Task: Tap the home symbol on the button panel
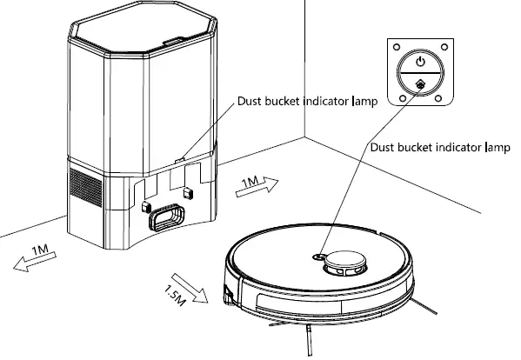click(x=420, y=85)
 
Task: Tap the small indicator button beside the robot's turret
click(x=318, y=256)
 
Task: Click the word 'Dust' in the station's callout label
click(x=251, y=101)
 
